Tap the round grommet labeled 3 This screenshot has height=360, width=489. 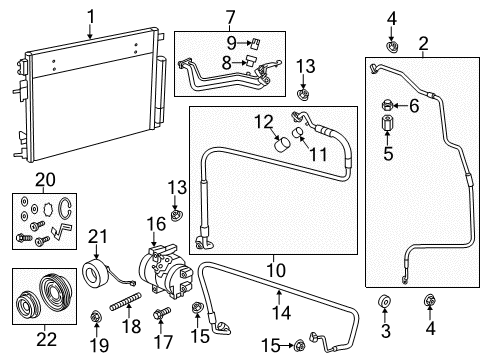[383, 302]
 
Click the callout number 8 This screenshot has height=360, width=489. [227, 63]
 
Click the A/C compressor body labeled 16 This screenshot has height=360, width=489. [163, 266]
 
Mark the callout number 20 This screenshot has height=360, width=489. [44, 179]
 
